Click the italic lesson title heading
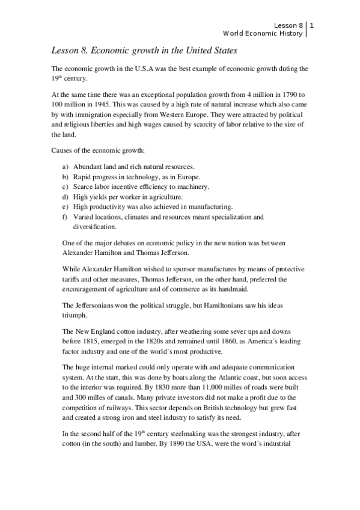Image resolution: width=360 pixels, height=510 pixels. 143,51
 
